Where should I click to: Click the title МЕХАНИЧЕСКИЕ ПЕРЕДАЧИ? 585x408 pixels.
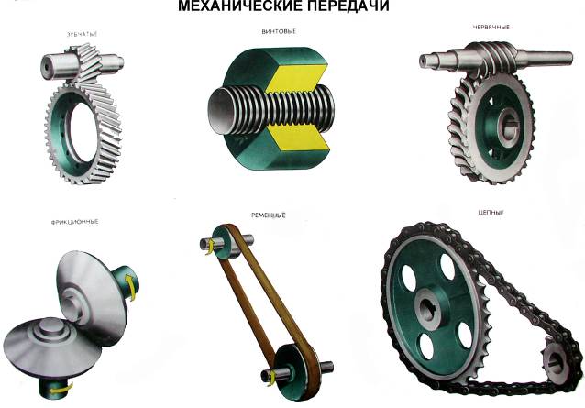coord(283,6)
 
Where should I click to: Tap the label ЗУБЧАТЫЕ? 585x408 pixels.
coord(82,34)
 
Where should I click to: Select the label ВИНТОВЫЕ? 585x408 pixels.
coord(279,32)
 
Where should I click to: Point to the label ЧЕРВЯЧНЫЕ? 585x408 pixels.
coord(491,28)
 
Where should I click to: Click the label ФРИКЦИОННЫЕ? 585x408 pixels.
coord(75,222)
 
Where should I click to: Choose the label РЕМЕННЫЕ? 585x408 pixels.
coord(269,215)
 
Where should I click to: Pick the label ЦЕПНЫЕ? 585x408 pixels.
coord(491,213)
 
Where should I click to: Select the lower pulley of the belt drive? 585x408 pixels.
coord(296,372)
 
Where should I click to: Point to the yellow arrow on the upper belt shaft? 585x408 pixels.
coord(210,247)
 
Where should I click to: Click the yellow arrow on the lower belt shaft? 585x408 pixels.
coord(271,379)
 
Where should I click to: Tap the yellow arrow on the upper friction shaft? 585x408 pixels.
coord(129,285)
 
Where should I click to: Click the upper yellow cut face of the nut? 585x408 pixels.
coord(297,80)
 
